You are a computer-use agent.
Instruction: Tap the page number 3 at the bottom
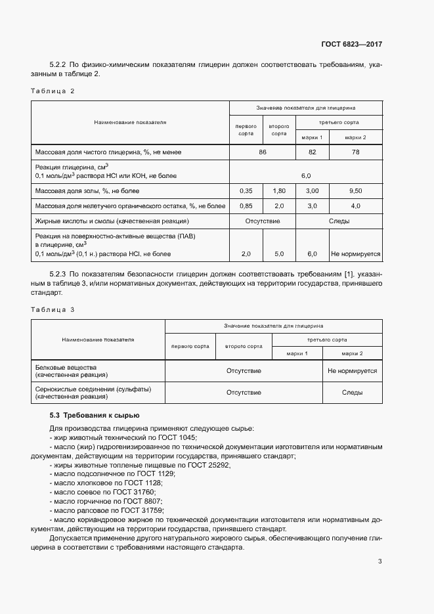pyautogui.click(x=380, y=561)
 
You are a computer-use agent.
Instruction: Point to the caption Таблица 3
pyautogui.click(x=53, y=309)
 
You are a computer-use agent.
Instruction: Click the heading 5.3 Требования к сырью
pyautogui.click(x=95, y=416)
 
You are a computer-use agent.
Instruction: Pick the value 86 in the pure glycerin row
pyautogui.click(x=263, y=152)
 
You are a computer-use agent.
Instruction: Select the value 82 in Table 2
pyautogui.click(x=312, y=152)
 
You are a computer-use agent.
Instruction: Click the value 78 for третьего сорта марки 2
pyautogui.click(x=355, y=152)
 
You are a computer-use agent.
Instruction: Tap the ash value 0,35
pyautogui.click(x=246, y=190)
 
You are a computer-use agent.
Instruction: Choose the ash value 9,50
pyautogui.click(x=355, y=190)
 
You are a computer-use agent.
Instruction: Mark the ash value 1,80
pyautogui.click(x=278, y=190)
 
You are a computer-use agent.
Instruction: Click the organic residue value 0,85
pyautogui.click(x=246, y=206)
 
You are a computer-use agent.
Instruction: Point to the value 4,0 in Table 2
pyautogui.click(x=355, y=206)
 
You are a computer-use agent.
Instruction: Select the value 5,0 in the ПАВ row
pyautogui.click(x=278, y=253)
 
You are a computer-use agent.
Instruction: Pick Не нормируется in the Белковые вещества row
pyautogui.click(x=352, y=371)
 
